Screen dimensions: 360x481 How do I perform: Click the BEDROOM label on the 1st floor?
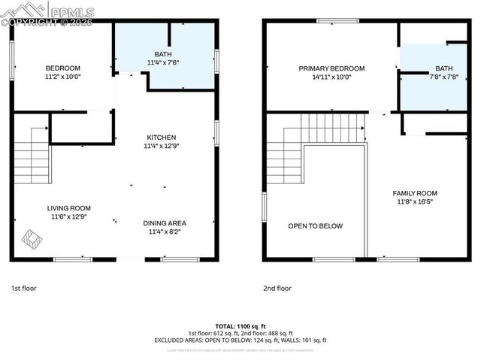click(x=63, y=68)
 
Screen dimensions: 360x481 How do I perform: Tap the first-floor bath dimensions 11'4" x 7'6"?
click(x=162, y=63)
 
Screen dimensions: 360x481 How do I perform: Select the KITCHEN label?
click(x=161, y=138)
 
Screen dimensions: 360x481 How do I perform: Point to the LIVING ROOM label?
click(x=68, y=208)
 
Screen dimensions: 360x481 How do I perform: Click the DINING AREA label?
click(x=165, y=223)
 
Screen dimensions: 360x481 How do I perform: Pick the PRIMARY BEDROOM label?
click(x=331, y=68)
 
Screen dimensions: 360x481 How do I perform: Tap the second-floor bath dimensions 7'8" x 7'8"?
click(x=444, y=77)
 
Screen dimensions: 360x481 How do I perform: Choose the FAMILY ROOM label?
click(x=414, y=193)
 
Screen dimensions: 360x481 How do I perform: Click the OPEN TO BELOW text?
click(x=315, y=226)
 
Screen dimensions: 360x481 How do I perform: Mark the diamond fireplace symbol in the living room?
click(x=32, y=240)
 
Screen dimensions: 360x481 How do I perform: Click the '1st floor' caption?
click(x=23, y=288)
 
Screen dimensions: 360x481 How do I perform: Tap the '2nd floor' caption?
click(x=277, y=288)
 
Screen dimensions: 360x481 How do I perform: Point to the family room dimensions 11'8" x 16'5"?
click(x=414, y=201)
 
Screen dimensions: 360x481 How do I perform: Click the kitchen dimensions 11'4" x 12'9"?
click(x=161, y=146)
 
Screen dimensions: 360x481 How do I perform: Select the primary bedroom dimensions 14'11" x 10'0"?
click(x=331, y=77)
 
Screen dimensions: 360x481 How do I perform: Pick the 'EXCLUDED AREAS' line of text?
click(x=240, y=340)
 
